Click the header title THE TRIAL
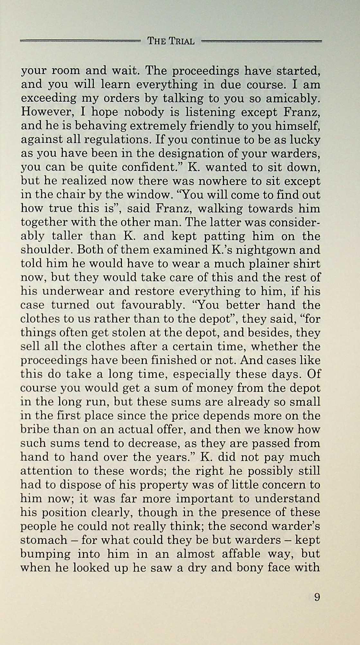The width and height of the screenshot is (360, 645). click(x=171, y=41)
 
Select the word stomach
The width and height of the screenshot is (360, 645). click(x=44, y=540)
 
